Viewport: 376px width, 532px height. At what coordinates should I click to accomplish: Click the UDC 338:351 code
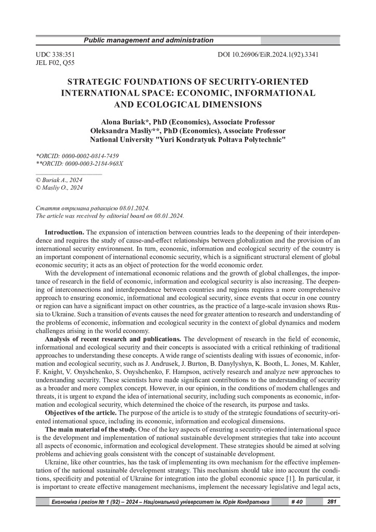pyautogui.click(x=56, y=54)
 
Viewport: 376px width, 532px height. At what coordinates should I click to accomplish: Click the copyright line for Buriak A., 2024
pyautogui.click(x=59, y=180)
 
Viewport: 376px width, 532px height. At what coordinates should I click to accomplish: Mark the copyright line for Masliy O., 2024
pyautogui.click(x=59, y=188)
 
